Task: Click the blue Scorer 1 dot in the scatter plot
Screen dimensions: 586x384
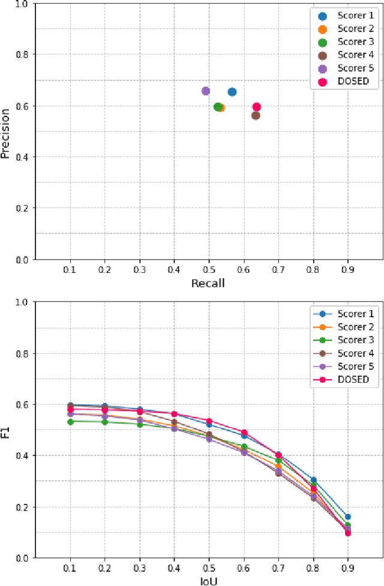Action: [x=232, y=92]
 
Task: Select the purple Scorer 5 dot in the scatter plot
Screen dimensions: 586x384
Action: [x=205, y=91]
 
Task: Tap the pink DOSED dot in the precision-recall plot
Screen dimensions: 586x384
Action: [x=256, y=107]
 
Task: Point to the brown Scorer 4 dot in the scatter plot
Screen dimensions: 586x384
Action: [x=256, y=115]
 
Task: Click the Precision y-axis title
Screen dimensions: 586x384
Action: [x=6, y=133]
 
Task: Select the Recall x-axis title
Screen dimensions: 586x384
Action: [x=208, y=283]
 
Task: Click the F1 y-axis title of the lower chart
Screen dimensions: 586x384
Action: [x=6, y=429]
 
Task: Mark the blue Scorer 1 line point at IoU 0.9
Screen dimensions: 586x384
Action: [x=347, y=516]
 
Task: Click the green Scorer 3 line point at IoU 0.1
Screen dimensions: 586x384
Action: [x=70, y=422]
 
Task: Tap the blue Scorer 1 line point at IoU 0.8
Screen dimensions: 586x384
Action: [x=313, y=480]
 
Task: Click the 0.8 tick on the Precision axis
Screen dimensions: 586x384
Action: [x=24, y=55]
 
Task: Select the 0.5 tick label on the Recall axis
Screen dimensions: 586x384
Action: [x=208, y=269]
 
